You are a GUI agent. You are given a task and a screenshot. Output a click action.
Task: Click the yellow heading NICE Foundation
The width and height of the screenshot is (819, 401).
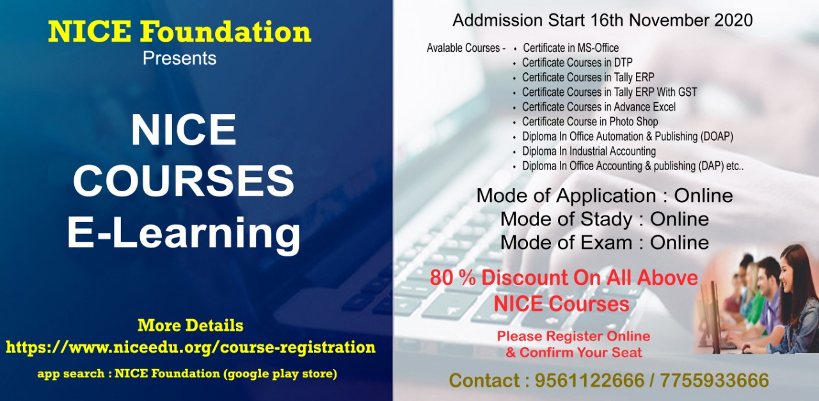tap(180, 32)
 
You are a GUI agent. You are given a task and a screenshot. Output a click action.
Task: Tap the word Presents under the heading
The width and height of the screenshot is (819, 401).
tap(180, 59)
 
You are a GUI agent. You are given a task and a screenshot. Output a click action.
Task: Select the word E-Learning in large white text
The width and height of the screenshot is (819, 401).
tap(184, 233)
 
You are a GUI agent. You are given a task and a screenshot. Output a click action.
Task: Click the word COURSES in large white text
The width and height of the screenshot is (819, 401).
tap(184, 181)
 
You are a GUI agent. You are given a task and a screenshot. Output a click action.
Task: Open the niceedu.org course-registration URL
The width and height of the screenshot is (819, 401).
tap(191, 347)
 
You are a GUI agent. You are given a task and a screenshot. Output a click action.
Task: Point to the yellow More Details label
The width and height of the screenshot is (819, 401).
tap(191, 325)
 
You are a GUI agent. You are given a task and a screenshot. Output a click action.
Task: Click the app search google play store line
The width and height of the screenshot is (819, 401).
tap(187, 373)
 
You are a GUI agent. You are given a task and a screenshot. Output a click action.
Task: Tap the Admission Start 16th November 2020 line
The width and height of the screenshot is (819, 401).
tap(602, 20)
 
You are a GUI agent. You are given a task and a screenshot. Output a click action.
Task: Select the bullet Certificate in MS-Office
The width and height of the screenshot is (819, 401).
tap(571, 48)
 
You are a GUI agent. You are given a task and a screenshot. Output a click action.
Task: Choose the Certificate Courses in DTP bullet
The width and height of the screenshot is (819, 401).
tap(577, 63)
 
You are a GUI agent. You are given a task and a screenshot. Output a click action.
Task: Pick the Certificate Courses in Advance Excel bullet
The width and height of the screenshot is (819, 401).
tap(599, 107)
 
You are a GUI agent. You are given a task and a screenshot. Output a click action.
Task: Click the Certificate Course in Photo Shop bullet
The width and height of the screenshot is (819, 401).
tap(590, 122)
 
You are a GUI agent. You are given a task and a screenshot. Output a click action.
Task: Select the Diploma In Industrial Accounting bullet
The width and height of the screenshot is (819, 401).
tap(589, 152)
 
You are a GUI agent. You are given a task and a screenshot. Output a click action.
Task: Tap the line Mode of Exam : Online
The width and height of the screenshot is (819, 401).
tap(605, 243)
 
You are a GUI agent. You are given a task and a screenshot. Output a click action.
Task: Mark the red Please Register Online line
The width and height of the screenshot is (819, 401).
tap(573, 336)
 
